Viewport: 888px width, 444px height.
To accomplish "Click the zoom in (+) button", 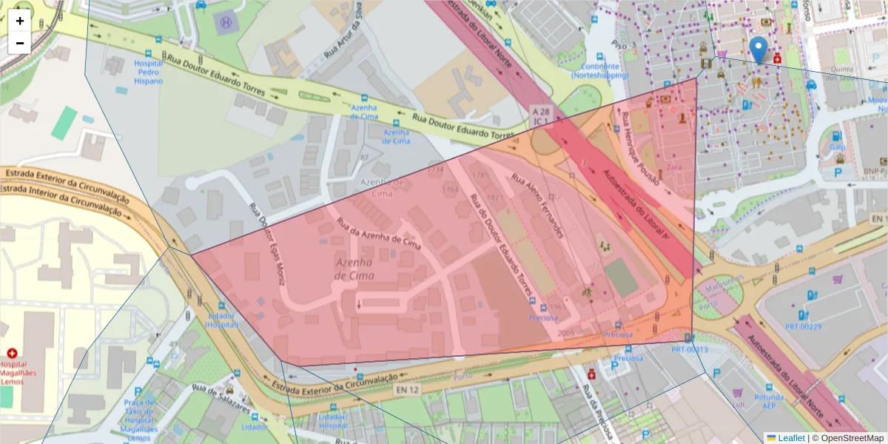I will [20, 21].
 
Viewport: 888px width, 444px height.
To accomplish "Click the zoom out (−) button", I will [20, 43].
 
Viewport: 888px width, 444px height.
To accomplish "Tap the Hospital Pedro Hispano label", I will [149, 73].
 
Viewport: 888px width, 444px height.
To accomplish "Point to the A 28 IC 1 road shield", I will [541, 115].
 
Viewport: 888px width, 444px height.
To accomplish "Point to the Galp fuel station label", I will [837, 147].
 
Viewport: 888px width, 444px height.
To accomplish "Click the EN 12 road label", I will [408, 390].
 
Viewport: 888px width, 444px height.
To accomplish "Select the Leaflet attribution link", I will [790, 438].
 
